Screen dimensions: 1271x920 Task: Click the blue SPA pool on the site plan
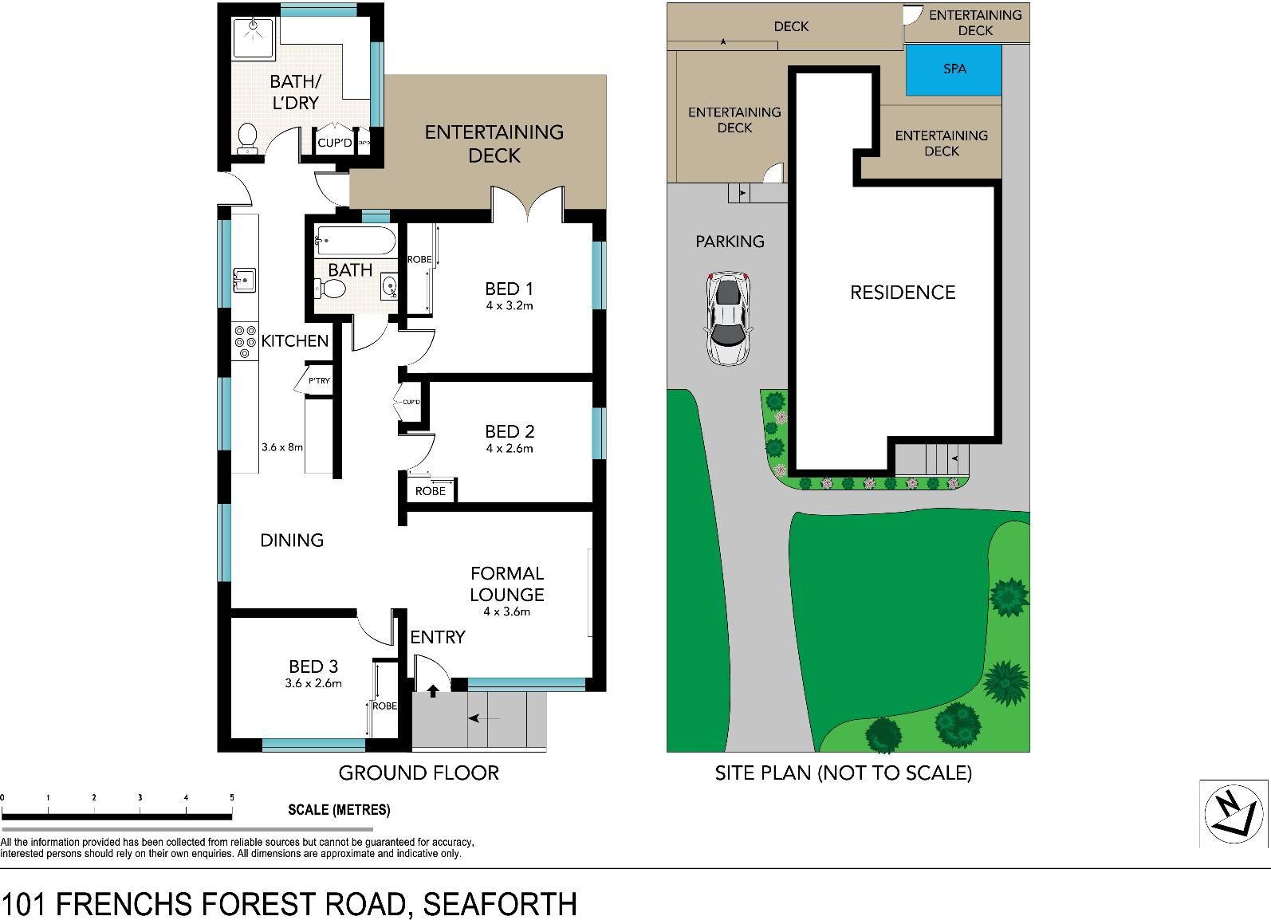954,70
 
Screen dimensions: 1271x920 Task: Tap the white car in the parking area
728,318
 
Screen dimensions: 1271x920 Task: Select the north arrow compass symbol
1233,813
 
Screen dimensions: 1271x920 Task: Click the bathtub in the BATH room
356,241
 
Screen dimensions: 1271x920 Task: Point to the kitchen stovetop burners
245,341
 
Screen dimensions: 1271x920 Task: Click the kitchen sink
245,280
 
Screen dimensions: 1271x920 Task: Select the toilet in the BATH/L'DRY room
247,139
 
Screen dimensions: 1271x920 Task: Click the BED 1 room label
509,289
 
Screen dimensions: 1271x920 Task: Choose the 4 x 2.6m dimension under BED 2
509,449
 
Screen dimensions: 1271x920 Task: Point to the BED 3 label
313,666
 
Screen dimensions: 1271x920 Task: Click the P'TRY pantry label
319,380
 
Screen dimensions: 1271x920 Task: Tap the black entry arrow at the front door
433,691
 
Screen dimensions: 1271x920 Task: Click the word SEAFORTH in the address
500,903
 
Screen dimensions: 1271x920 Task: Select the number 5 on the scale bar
231,797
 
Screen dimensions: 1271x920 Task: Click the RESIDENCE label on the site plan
902,292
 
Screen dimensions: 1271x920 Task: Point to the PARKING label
730,242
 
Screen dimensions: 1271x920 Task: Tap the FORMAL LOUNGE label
506,584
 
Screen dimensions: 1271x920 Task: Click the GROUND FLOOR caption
419,773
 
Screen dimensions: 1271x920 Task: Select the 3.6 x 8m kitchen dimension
282,447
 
